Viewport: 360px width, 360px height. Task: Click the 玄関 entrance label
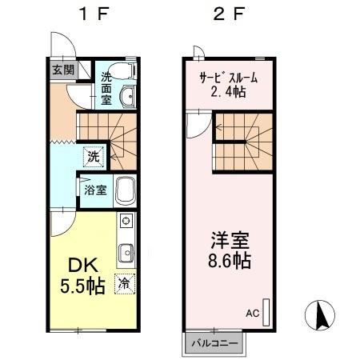tap(63, 70)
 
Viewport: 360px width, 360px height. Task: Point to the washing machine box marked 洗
tap(94, 158)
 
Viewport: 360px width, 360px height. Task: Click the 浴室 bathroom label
tap(94, 190)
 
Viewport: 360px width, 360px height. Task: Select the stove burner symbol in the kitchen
tap(126, 221)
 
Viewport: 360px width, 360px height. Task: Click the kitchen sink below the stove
tap(126, 254)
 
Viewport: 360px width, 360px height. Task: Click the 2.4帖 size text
tap(227, 93)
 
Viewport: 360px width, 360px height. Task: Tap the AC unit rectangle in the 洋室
tap(266, 310)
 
